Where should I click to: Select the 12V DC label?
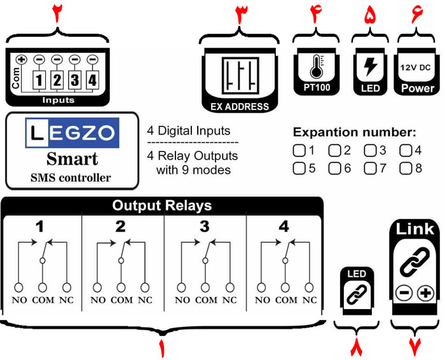pos(416,66)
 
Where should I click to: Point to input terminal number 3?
pos(74,81)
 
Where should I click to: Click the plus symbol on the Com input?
pos(21,60)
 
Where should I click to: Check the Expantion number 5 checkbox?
pos(298,169)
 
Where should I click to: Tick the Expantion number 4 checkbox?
pos(405,151)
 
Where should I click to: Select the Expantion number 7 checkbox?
pos(369,169)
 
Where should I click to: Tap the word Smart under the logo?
pos(72,158)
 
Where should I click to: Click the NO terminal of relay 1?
pos(20,286)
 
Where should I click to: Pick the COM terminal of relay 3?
pos(205,286)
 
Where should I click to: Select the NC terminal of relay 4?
pos(310,286)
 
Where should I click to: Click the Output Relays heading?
pos(162,206)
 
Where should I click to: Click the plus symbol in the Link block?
pos(425,293)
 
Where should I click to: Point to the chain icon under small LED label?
pos(353,293)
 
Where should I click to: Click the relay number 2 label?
pos(121,226)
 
